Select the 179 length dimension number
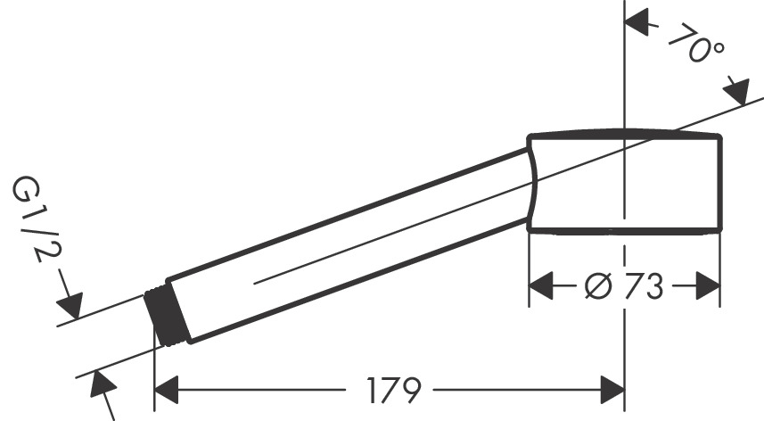393,389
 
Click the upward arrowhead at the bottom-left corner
102,385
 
